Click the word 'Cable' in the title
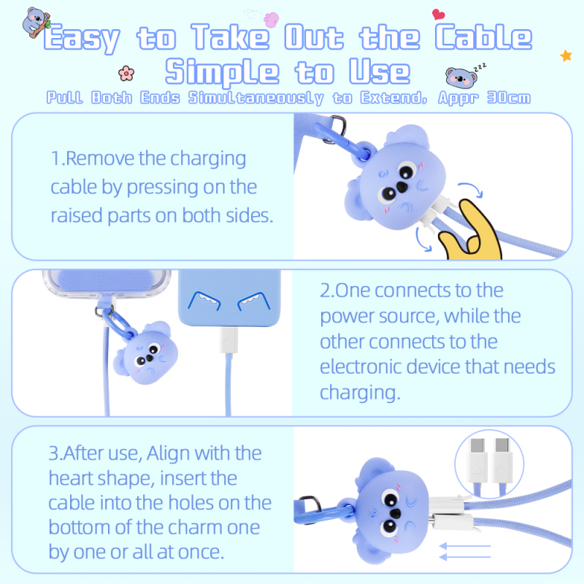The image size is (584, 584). coord(483,37)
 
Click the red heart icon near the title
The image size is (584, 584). coord(438,13)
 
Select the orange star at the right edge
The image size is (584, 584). coord(565,55)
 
